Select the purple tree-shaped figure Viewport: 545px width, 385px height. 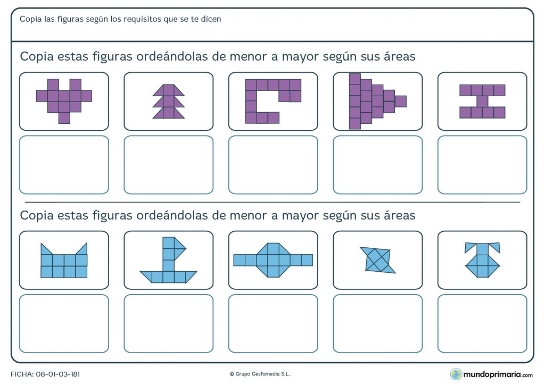tap(169, 102)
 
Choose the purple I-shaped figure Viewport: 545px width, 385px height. tap(482, 102)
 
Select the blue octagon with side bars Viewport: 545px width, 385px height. tap(273, 260)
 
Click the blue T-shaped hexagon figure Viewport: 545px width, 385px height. tap(482, 260)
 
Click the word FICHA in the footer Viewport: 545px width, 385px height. tap(22, 374)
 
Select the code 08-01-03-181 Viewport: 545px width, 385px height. tap(57, 374)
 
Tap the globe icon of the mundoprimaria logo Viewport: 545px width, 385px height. tap(456, 374)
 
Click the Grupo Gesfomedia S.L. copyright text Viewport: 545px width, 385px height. tap(260, 374)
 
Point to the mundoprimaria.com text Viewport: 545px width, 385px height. tap(498, 374)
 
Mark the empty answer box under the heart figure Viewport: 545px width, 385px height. tap(64, 165)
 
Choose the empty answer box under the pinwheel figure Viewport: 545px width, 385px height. tap(377, 323)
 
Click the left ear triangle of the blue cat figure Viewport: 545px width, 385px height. tap(47, 249)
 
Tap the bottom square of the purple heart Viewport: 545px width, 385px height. tap(64, 118)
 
